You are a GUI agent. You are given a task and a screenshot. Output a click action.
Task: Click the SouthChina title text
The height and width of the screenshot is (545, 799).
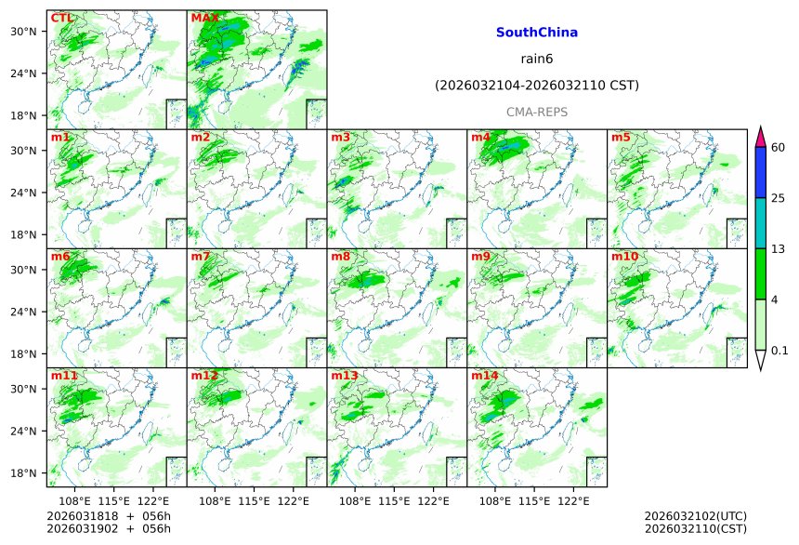point(537,33)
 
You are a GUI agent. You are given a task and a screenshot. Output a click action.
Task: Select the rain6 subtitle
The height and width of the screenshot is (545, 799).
point(537,59)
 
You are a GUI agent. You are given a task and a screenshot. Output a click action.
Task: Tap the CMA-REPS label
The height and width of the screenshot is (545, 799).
point(537,112)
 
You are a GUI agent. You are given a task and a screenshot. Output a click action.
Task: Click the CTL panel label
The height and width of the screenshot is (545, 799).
point(62,18)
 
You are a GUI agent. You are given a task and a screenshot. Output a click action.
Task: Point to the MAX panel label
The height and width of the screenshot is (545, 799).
point(204,18)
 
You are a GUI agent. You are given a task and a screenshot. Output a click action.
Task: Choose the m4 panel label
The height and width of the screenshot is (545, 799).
point(481,138)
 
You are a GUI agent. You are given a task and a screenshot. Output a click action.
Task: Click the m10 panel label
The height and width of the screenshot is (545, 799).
point(624,257)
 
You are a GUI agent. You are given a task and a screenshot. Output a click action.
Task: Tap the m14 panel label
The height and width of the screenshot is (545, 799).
point(485,376)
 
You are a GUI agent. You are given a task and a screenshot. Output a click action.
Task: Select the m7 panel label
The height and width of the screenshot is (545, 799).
point(201,257)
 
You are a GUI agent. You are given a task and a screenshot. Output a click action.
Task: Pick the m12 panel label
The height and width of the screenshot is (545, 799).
point(204,376)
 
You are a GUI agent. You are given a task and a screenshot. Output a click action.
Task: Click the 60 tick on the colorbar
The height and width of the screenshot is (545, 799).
point(779,147)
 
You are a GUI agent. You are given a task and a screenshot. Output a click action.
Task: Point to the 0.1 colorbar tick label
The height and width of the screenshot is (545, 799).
point(779,351)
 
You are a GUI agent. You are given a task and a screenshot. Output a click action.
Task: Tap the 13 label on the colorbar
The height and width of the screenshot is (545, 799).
point(779,248)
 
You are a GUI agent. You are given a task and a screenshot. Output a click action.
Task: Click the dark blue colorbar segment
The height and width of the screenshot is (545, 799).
point(760,172)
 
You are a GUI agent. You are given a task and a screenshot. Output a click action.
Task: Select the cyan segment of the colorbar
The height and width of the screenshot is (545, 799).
point(760,222)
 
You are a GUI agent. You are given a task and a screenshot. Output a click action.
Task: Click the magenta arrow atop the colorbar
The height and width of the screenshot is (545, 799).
point(760,136)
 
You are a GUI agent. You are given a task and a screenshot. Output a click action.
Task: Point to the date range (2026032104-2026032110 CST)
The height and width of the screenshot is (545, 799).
point(537,86)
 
